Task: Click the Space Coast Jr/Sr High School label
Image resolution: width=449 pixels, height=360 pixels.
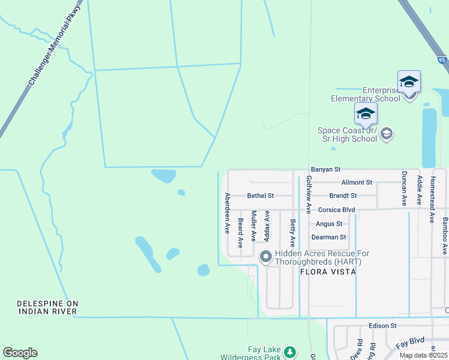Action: (x=348, y=134)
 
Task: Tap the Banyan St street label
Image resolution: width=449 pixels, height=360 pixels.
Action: (x=325, y=170)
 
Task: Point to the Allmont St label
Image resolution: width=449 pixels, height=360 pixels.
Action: (x=357, y=182)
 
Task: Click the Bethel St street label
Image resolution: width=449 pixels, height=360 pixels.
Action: (x=261, y=196)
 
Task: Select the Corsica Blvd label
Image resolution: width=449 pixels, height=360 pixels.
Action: (x=337, y=210)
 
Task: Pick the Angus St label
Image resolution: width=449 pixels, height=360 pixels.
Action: (x=329, y=224)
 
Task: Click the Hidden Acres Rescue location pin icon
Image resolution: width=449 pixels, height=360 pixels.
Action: (x=265, y=257)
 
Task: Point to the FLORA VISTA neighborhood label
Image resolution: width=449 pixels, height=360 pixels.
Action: (x=328, y=272)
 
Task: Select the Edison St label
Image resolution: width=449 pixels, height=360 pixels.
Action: (x=383, y=325)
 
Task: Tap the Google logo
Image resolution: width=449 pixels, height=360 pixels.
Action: (x=20, y=353)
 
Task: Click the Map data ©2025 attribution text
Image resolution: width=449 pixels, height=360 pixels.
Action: (x=423, y=355)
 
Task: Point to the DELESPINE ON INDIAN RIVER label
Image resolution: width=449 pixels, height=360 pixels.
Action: (x=47, y=307)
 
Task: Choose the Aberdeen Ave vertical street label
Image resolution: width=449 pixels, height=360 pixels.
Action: (x=227, y=213)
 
